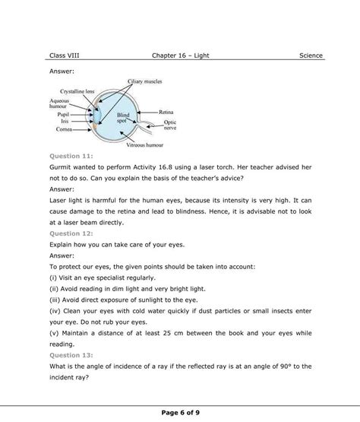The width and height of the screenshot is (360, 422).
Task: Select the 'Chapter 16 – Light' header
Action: (180, 56)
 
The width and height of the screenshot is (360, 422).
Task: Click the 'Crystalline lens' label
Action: (77, 91)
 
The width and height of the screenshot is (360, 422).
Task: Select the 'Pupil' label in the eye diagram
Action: (61, 115)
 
